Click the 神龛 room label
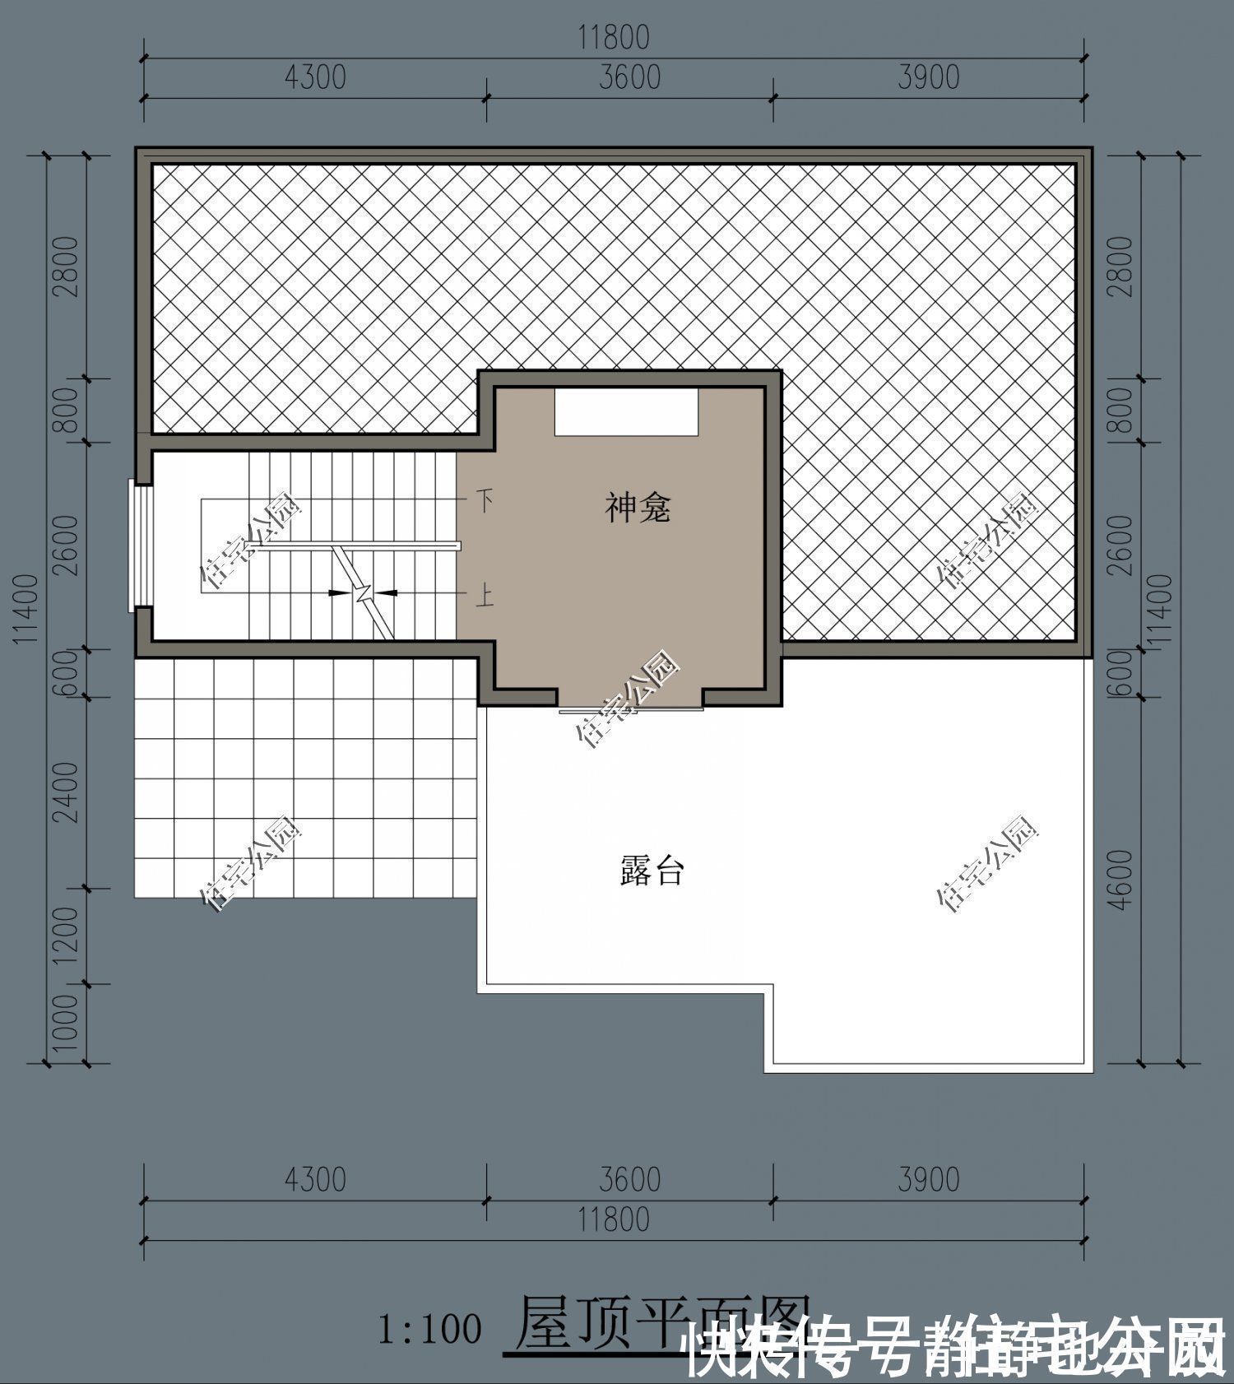click(x=638, y=508)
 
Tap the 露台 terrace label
click(x=652, y=870)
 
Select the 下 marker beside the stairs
click(x=485, y=499)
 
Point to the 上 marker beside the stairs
click(x=485, y=594)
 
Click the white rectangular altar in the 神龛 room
click(x=626, y=411)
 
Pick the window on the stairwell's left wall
click(x=140, y=547)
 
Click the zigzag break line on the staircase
click(x=363, y=592)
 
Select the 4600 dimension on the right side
click(x=1120, y=879)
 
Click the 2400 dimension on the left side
click(x=67, y=792)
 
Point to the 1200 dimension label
click(x=67, y=936)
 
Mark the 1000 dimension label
click(x=67, y=1023)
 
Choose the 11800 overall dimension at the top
click(x=613, y=38)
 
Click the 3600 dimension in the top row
click(x=629, y=77)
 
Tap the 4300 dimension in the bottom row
click(x=315, y=1179)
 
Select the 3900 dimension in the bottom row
click(x=928, y=1179)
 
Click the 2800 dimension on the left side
click(x=67, y=267)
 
